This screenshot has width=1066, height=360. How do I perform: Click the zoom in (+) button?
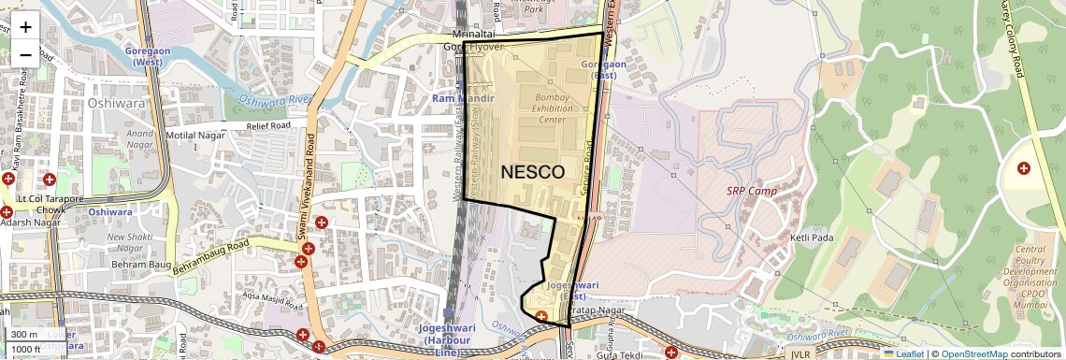click(25, 26)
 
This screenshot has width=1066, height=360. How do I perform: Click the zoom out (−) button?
click(25, 54)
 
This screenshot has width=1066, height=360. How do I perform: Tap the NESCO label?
click(532, 172)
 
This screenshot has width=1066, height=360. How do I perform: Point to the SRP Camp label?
click(752, 191)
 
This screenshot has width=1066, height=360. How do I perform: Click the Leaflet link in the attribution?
click(903, 354)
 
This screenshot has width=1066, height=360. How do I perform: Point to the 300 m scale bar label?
click(25, 334)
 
